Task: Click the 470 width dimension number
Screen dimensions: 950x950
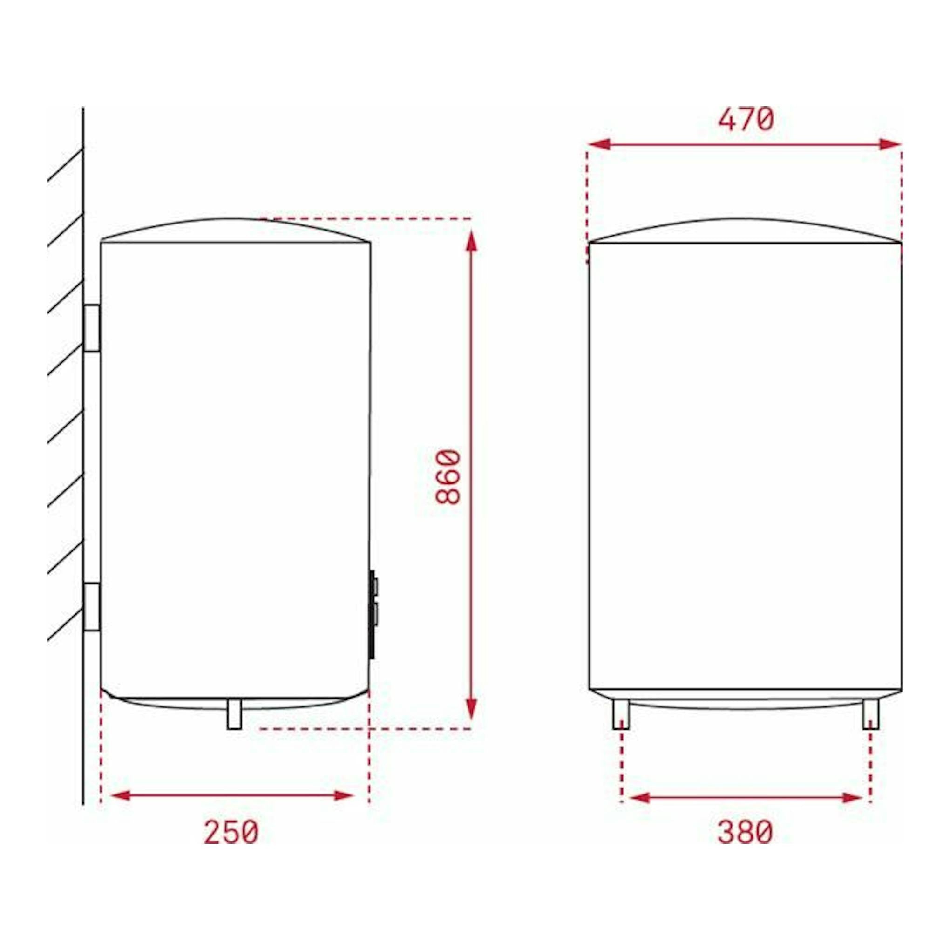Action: (746, 120)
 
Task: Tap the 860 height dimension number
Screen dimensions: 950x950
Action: (448, 476)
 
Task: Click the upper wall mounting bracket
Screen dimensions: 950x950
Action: (92, 328)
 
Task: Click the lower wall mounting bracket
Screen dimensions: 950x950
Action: (92, 606)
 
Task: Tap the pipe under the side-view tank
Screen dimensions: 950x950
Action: (234, 714)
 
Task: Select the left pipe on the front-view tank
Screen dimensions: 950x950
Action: (621, 714)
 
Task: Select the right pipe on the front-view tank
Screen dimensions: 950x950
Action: (871, 714)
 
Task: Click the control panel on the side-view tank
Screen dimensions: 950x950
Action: (373, 614)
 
